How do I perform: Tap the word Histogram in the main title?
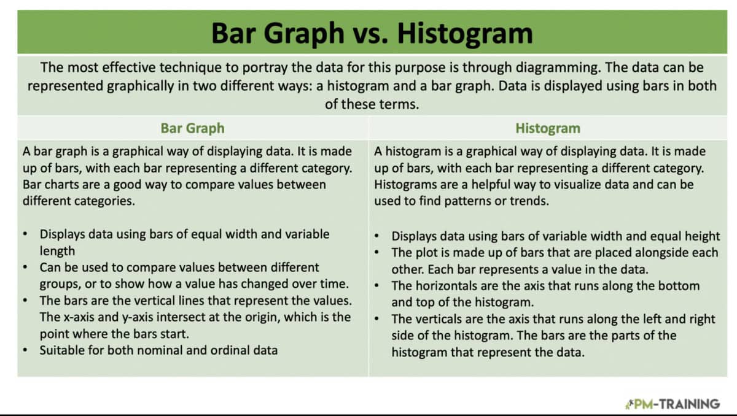click(465, 33)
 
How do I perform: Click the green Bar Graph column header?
click(192, 128)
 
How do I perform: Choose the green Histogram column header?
click(547, 128)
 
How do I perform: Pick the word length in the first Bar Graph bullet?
click(57, 250)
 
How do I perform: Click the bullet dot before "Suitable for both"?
click(24, 351)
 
